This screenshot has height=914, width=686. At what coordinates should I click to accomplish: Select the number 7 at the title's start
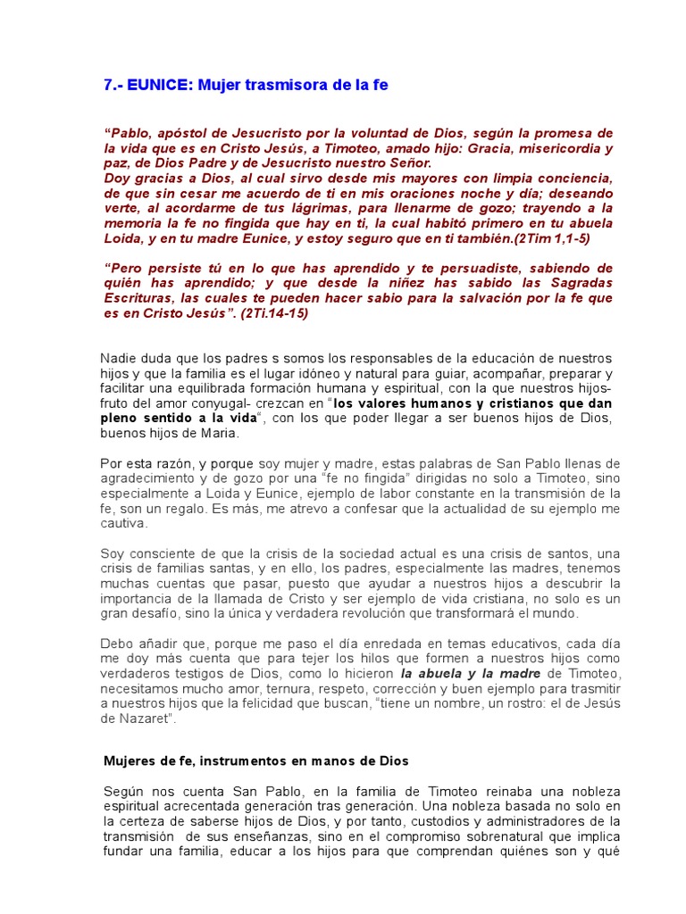[x=108, y=86]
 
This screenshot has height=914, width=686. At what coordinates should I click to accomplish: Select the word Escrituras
[x=141, y=298]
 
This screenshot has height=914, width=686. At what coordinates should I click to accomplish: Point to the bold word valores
[x=401, y=403]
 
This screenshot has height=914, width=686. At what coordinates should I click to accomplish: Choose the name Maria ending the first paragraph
[x=221, y=433]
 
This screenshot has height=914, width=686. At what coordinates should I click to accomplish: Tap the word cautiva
[x=122, y=524]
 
